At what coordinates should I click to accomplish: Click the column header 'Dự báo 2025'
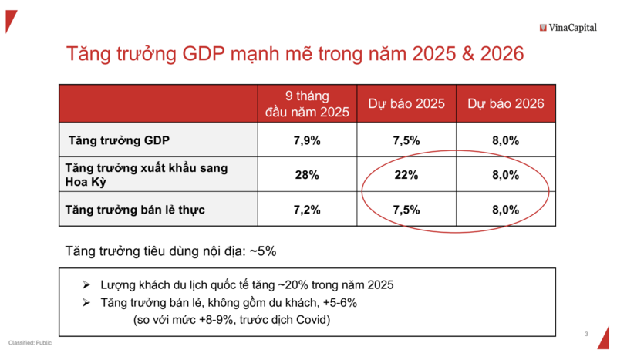click(x=406, y=103)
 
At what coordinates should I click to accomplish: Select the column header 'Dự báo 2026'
click(x=505, y=103)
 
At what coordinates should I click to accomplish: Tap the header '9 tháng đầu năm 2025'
click(x=307, y=103)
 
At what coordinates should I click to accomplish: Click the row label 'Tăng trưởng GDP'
click(x=119, y=141)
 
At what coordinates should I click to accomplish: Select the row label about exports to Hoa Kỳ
click(x=147, y=175)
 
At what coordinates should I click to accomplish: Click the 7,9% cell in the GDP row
click(x=307, y=141)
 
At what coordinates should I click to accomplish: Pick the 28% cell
click(x=307, y=175)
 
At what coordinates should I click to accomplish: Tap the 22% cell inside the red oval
click(x=406, y=175)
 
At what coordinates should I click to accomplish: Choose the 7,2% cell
click(x=307, y=209)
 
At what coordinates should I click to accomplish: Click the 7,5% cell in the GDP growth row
click(x=406, y=141)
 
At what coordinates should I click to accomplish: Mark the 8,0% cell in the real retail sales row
click(x=505, y=209)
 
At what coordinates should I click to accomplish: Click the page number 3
click(x=586, y=334)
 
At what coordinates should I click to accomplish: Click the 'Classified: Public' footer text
click(x=30, y=342)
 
